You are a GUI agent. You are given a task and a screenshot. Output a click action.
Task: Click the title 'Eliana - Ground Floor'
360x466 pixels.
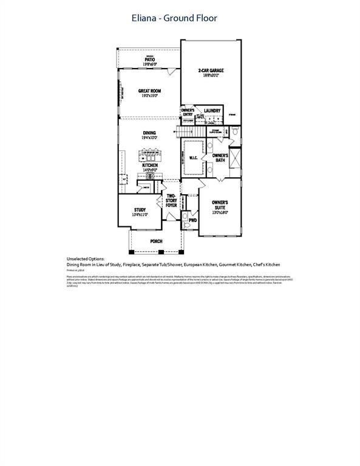pos(174,18)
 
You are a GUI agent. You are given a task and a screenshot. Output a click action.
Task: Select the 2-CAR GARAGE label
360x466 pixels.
pos(211,70)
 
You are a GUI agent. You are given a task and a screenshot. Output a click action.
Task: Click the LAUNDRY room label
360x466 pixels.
pos(212,110)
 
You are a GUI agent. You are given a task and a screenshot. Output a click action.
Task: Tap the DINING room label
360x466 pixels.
pos(149,133)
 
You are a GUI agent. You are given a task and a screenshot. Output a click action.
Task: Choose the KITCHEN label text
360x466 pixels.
pos(149,164)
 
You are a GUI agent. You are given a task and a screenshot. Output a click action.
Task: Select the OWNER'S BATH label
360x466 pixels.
pos(219,158)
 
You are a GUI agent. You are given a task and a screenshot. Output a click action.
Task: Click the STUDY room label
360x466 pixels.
pos(140,209)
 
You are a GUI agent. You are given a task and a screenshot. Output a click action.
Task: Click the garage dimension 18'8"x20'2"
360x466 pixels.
pos(211,76)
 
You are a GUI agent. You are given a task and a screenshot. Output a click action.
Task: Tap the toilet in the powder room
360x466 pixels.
pos(186,225)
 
